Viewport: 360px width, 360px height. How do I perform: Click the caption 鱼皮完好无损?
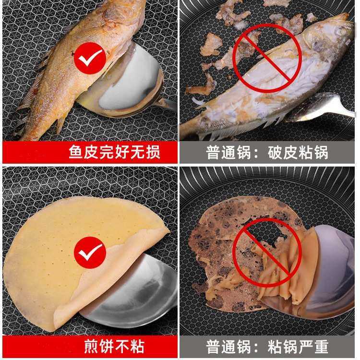point(113,153)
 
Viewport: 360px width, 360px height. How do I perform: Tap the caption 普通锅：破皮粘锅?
point(267,153)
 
